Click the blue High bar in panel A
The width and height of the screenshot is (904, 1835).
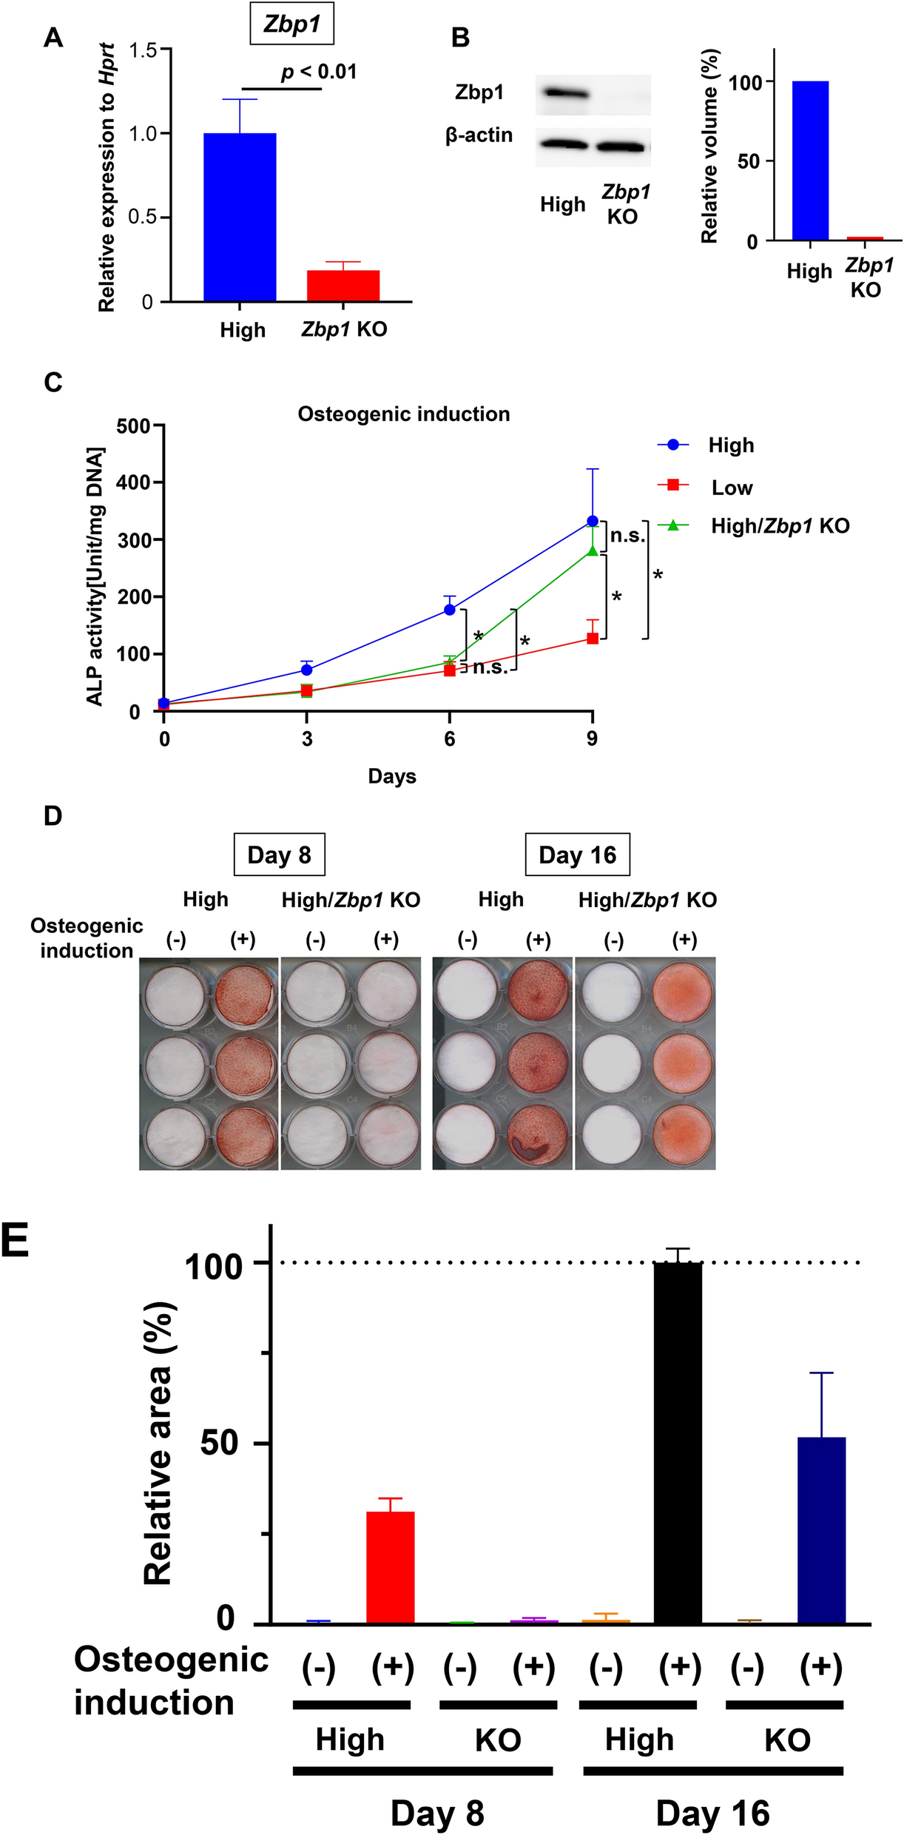point(240,218)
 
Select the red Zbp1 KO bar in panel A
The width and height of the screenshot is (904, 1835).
point(343,286)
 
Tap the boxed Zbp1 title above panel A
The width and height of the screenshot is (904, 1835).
point(291,25)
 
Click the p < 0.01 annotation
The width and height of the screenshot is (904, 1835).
point(319,72)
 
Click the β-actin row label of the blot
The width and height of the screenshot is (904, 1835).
point(479,135)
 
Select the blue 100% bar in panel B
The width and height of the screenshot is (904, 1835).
point(810,161)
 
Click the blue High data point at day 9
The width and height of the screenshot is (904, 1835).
point(592,522)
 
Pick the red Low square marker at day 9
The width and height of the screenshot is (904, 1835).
point(592,638)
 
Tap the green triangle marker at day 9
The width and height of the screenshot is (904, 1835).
point(592,550)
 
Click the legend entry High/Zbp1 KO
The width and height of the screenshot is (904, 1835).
point(780,526)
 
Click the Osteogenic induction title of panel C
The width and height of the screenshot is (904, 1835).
point(404,414)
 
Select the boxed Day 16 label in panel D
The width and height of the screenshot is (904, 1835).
point(577,855)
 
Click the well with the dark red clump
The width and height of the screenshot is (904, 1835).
point(539,1136)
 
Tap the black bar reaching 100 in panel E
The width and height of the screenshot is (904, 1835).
point(678,1443)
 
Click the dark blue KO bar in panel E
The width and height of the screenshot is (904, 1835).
point(821,1532)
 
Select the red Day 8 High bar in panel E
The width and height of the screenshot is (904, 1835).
point(391,1568)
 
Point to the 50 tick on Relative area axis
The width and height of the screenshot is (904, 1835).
point(220,1443)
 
